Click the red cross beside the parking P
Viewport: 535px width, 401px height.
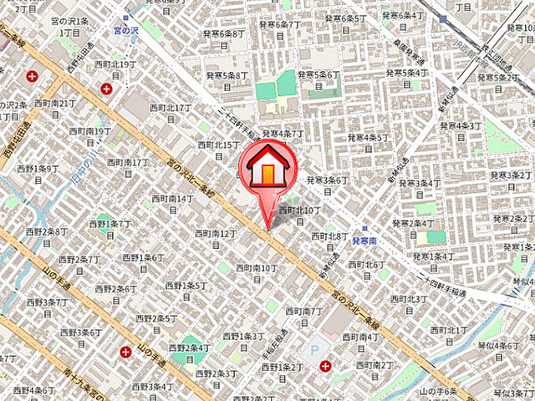pos(326,366)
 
